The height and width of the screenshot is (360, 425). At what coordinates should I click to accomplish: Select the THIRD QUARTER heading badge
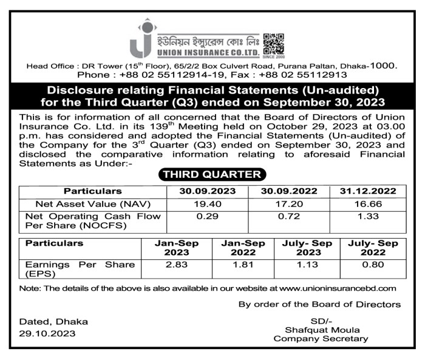point(212,175)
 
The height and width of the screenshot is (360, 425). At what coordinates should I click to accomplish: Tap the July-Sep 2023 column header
point(308,248)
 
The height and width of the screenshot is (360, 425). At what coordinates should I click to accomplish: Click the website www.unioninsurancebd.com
point(338,288)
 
